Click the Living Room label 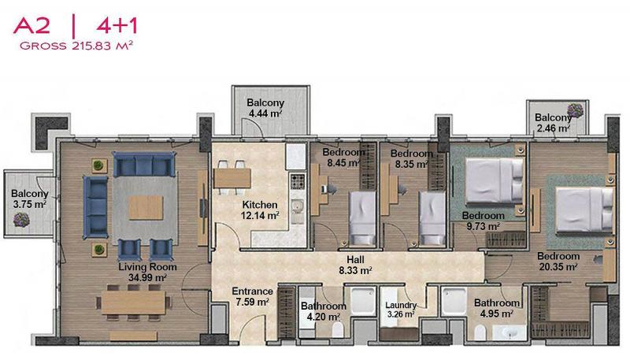147,267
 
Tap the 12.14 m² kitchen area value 260,216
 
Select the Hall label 356,259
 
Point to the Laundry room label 401,306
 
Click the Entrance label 252,291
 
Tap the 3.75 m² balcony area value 29,205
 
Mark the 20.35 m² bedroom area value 558,267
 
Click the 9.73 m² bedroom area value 483,227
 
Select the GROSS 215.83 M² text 76,46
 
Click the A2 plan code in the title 31,26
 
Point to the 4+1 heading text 117,26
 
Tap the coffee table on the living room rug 146,207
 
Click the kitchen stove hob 298,182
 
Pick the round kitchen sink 298,207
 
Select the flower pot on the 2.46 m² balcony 575,110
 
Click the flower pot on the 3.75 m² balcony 21,220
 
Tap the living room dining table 133,302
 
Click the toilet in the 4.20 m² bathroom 338,330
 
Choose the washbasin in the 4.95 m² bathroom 510,333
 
